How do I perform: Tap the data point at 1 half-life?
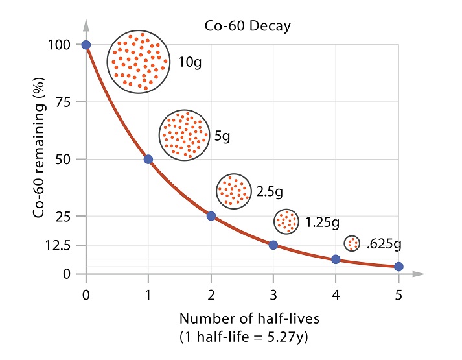click(x=148, y=159)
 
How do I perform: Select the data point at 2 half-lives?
click(x=211, y=216)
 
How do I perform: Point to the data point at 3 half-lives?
click(x=273, y=245)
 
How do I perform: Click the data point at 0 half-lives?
click(x=86, y=45)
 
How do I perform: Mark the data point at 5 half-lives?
click(x=398, y=267)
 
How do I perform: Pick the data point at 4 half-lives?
click(x=336, y=259)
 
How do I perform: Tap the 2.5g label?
click(x=270, y=192)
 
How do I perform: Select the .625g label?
click(x=384, y=245)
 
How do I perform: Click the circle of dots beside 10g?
click(x=139, y=62)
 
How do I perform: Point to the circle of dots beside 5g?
click(x=185, y=136)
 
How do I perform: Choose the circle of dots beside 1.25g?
click(x=286, y=222)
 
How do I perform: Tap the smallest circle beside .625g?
click(x=352, y=243)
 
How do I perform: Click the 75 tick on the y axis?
click(x=64, y=102)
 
